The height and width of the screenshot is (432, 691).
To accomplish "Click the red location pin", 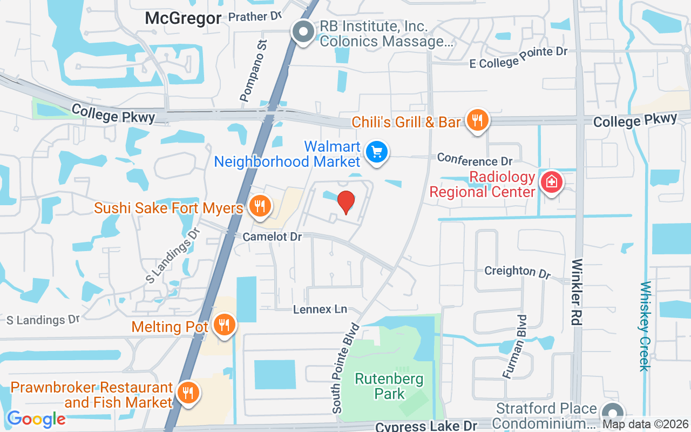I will pos(345,202).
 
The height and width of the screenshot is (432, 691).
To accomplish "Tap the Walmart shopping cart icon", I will pos(376,152).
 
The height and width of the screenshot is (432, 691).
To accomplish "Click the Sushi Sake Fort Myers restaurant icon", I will pos(260,206).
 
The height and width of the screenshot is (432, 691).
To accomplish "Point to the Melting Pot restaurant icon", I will pos(223,325).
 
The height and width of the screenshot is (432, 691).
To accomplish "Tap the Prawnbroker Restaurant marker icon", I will pos(187,393).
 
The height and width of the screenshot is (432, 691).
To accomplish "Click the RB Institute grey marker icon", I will pos(303,32).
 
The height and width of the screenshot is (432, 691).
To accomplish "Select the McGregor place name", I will pos(183,18).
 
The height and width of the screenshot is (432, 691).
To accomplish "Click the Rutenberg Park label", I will pos(389,386).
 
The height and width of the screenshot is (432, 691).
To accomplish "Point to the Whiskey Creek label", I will pos(645,326).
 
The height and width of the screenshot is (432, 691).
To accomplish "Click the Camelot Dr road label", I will pos(272,237).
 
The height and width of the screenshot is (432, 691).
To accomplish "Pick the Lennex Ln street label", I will pos(320,309).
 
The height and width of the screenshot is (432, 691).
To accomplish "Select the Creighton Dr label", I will pos(517,271).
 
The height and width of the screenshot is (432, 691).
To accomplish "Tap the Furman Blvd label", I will pos(514,346).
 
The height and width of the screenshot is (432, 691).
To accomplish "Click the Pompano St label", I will pos(254,70).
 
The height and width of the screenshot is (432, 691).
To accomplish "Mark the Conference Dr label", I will pos(475,159).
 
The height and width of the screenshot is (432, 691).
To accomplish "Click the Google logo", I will pos(36,418).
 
